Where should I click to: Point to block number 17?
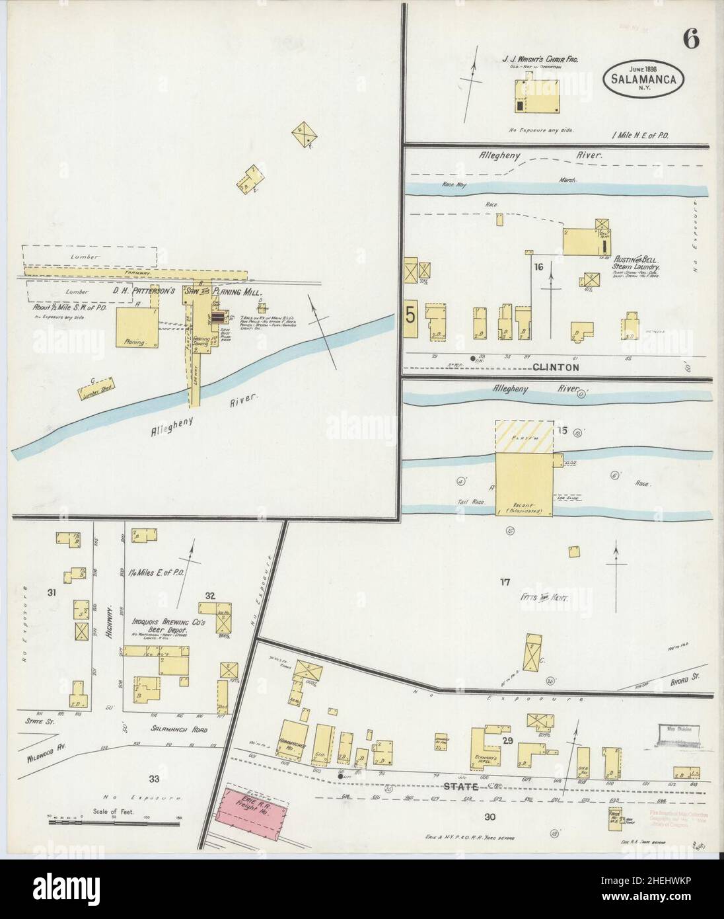505,582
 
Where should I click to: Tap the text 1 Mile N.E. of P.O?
641,135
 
